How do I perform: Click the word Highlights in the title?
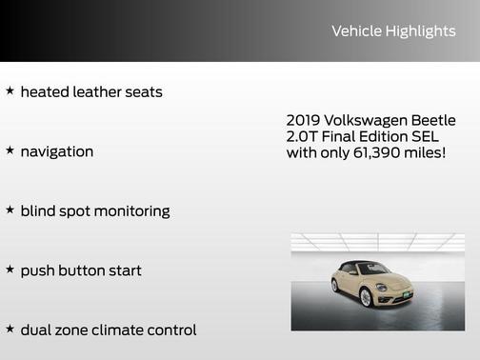pos(420,31)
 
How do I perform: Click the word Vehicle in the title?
pos(356,31)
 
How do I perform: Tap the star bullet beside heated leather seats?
pos(10,91)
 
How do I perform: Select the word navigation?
pos(56,151)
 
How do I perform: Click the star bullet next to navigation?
pos(10,150)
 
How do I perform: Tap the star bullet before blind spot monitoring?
pos(10,210)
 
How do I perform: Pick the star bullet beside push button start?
pos(10,270)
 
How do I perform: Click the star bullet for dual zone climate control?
pos(10,329)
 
